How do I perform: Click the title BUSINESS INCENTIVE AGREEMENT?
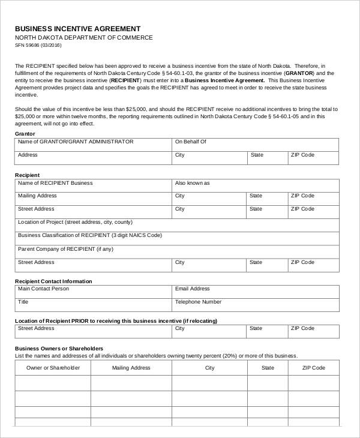pos(77,28)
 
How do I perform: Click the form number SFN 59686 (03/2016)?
pos(38,45)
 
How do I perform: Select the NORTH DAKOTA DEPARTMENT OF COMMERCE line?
pos(83,37)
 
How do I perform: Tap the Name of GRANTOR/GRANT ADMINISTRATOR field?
pos(93,145)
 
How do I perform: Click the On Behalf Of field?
pos(254,145)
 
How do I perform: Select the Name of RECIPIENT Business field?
pos(93,185)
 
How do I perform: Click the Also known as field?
pos(254,185)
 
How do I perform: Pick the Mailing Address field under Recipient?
pos(93,199)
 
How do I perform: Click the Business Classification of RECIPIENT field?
pos(176,238)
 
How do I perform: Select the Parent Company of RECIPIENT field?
pos(176,251)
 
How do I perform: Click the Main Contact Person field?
pos(93,292)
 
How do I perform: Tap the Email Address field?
pos(254,292)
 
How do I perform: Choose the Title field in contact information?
pos(93,305)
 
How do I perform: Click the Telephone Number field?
pos(254,305)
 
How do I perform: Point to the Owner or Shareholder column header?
pos(53,368)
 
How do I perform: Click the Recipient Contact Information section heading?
pos(53,281)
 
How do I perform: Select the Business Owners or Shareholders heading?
pos(59,348)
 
